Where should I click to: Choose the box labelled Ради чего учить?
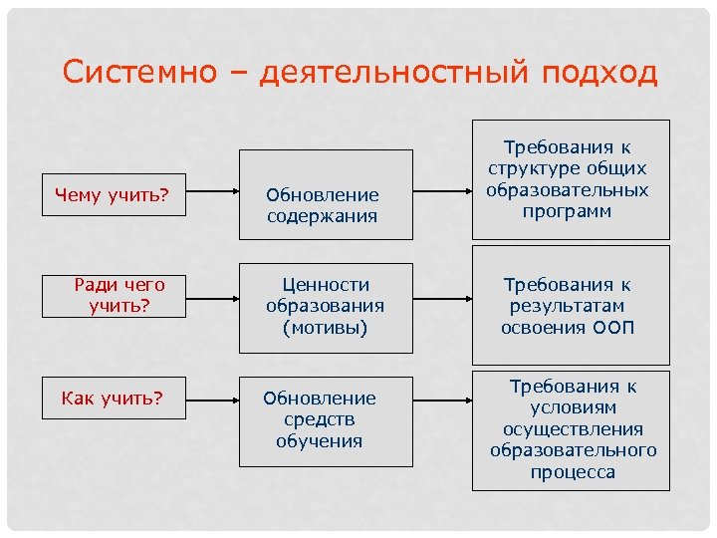119,296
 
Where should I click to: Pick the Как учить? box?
112,399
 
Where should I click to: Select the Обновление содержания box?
325,195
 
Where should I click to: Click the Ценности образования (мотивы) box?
325,307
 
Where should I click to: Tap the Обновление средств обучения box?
325,420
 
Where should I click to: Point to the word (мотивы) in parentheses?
325,328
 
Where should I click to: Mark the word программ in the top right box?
571,211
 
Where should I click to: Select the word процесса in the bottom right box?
573,472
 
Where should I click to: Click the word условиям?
573,407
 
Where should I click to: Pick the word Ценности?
325,285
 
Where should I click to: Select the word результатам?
571,307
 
